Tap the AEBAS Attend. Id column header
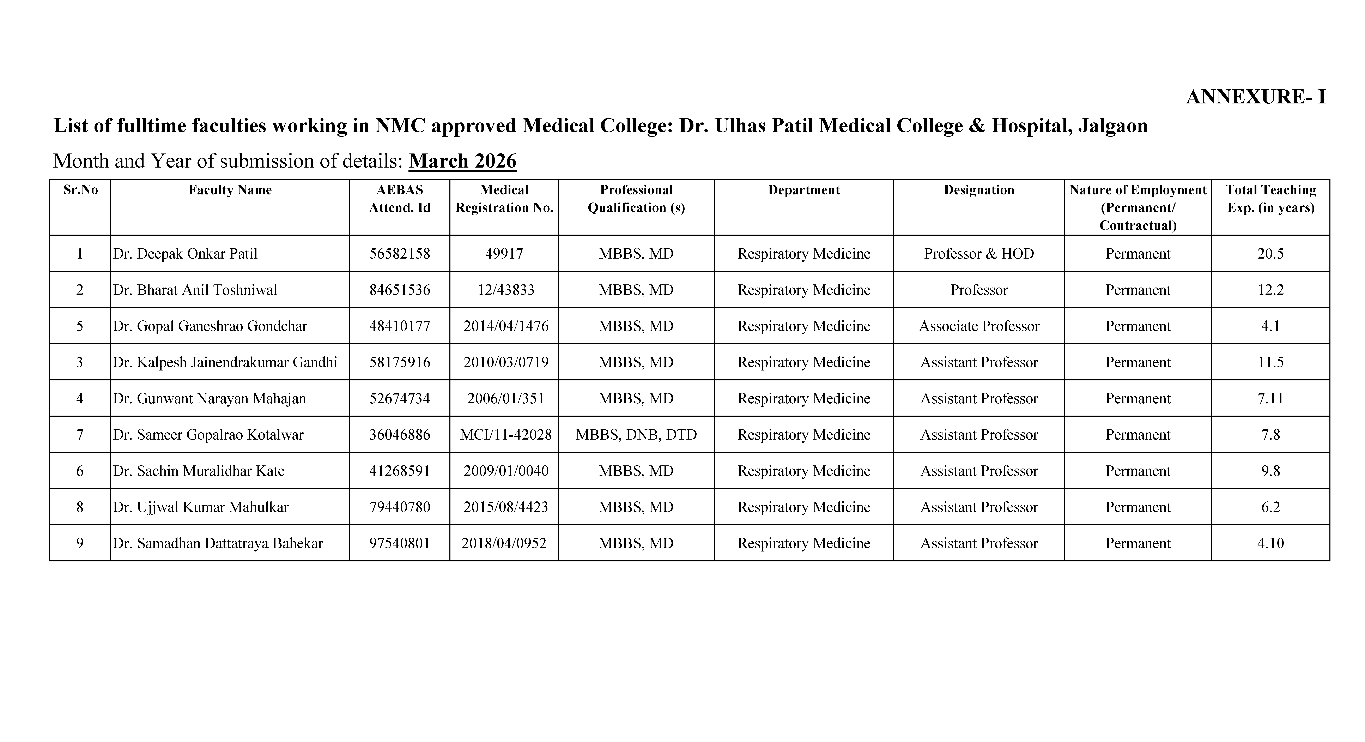point(400,199)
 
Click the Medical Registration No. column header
point(504,199)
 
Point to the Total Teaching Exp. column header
point(1270,199)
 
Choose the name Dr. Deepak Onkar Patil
point(185,254)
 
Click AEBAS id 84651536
point(400,290)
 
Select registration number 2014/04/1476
point(505,326)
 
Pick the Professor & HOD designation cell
point(979,254)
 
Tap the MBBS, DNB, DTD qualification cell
point(636,435)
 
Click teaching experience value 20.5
point(1270,254)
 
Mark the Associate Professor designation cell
point(979,326)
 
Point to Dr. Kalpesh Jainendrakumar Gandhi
point(225,363)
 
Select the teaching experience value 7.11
point(1270,399)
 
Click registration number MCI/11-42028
point(505,435)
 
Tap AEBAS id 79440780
point(400,507)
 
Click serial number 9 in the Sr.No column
point(79,543)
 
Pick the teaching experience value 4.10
point(1270,543)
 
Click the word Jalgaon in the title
point(1113,126)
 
